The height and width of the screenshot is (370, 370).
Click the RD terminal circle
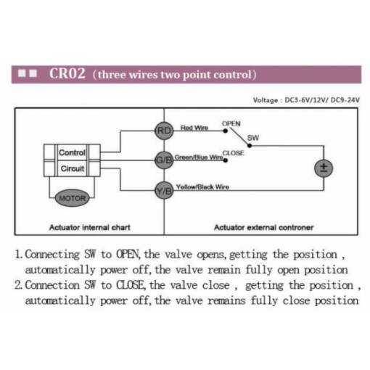point(164,131)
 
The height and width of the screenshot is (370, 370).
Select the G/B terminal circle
point(164,160)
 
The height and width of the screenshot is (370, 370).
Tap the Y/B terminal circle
point(164,191)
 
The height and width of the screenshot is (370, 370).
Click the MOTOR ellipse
point(73,198)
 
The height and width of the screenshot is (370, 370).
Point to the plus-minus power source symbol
point(324,168)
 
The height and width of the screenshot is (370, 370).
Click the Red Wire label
point(194,128)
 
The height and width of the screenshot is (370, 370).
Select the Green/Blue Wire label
point(199,157)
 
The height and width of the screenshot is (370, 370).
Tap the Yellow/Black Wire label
point(202,187)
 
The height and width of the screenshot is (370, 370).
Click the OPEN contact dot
point(226,131)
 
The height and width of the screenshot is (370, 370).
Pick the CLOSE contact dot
point(226,160)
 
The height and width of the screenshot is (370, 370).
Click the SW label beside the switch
point(253,138)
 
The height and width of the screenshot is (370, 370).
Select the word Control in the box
point(72,152)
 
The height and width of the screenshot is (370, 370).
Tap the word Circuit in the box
point(73,168)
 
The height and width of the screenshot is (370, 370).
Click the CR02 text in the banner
point(67,73)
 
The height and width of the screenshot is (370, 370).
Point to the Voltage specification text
point(306,100)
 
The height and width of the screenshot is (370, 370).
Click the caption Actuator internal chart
point(90,227)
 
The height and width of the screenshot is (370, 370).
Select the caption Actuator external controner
point(263,227)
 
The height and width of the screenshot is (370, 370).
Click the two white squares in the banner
point(28,73)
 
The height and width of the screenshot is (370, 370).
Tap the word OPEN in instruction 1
point(128,255)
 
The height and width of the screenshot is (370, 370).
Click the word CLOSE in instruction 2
point(131,285)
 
